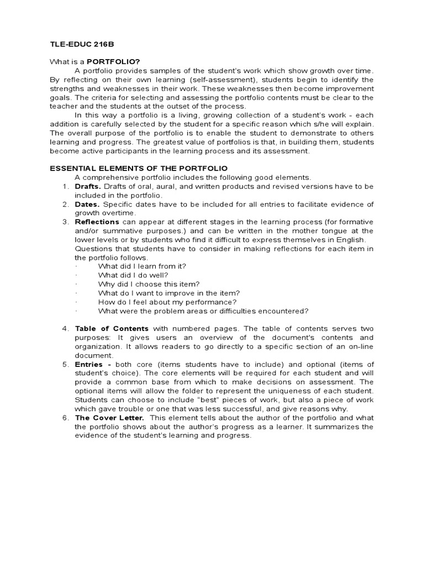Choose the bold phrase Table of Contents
pos(112,329)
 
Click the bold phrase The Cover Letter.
pos(106,418)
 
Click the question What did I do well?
pos(133,275)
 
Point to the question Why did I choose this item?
pos(145,284)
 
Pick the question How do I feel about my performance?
pos(167,302)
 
